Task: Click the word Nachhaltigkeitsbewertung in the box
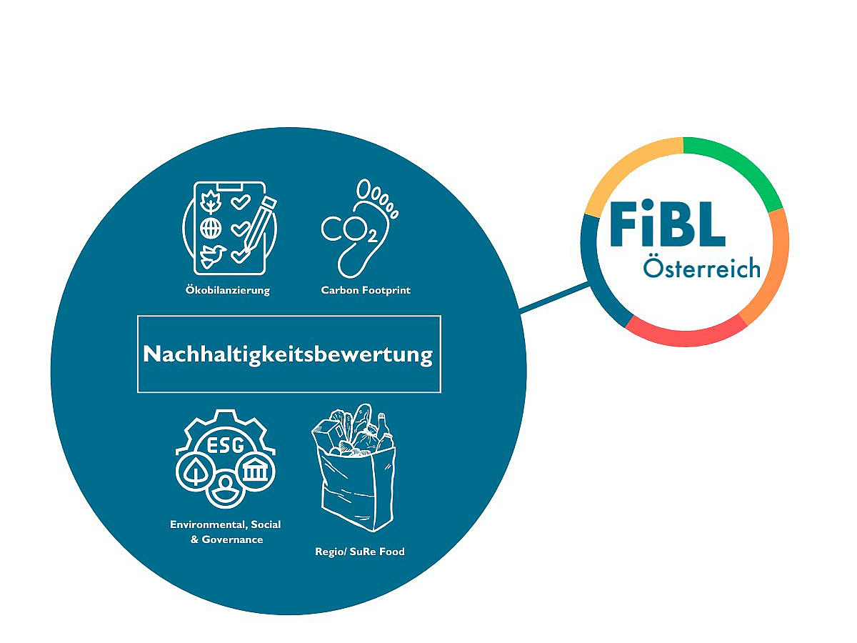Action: (x=288, y=355)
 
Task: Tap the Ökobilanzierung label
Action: (x=228, y=290)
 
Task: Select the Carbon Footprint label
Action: (x=366, y=290)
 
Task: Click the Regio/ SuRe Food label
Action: (x=360, y=552)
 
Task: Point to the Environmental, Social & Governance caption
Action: (x=225, y=532)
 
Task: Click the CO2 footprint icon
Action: (x=360, y=229)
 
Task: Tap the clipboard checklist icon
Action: (x=229, y=229)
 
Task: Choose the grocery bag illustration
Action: (x=354, y=467)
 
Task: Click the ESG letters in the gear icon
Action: (x=225, y=445)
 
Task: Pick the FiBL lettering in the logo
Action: (x=668, y=223)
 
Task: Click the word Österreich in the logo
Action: (x=701, y=268)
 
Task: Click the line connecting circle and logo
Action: (x=554, y=297)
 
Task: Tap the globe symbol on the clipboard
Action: (x=211, y=229)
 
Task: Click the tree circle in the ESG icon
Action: (x=196, y=472)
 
